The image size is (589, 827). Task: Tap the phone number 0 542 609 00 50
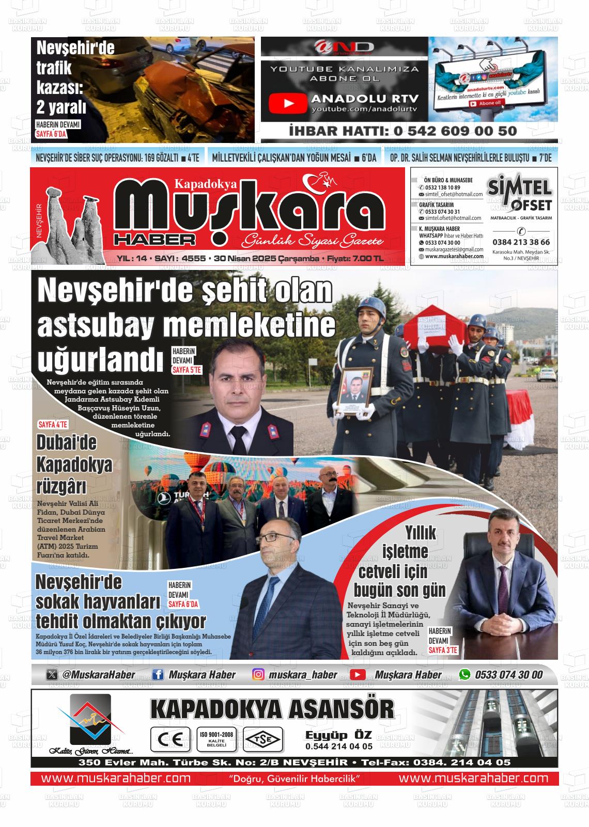[455, 131]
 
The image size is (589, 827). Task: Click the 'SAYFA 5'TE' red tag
[186, 370]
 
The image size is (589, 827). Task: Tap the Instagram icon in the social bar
[258, 674]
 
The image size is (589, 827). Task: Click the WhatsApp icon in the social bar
[465, 674]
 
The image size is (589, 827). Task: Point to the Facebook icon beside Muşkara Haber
[159, 674]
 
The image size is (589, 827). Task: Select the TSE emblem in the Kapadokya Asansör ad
[263, 739]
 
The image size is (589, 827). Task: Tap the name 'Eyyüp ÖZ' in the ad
[338, 735]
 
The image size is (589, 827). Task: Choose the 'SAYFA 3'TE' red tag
[443, 650]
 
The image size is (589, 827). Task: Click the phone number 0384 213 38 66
[521, 242]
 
